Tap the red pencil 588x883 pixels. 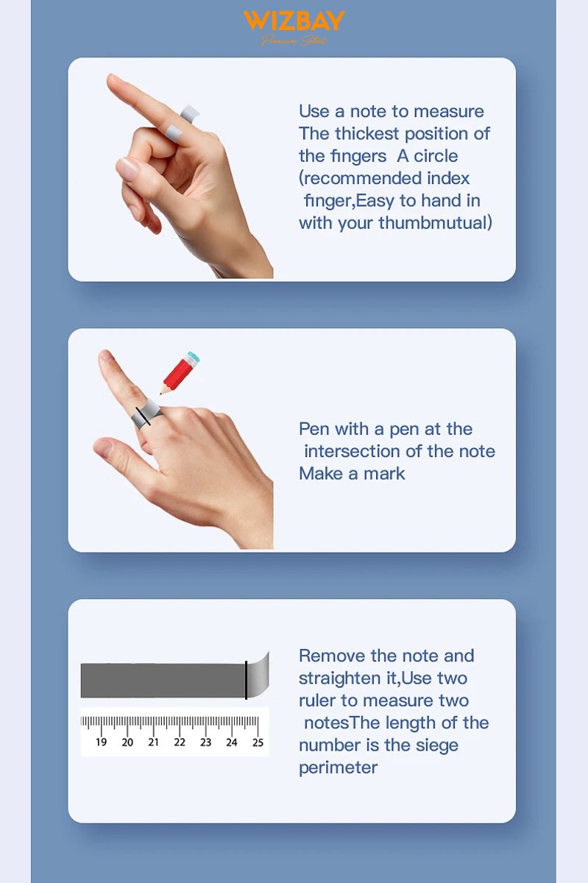[177, 376]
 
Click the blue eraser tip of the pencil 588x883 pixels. [194, 358]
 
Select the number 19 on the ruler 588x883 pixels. [102, 742]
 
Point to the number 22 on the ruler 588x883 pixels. [180, 742]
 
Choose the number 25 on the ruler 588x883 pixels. [258, 742]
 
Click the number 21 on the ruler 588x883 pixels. [154, 742]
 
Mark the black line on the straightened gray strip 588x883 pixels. [246, 681]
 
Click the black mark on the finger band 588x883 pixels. [143, 416]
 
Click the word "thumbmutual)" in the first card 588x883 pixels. [435, 223]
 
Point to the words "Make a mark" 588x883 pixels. [352, 473]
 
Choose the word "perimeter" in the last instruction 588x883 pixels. [338, 767]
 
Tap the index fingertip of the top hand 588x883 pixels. [113, 79]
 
